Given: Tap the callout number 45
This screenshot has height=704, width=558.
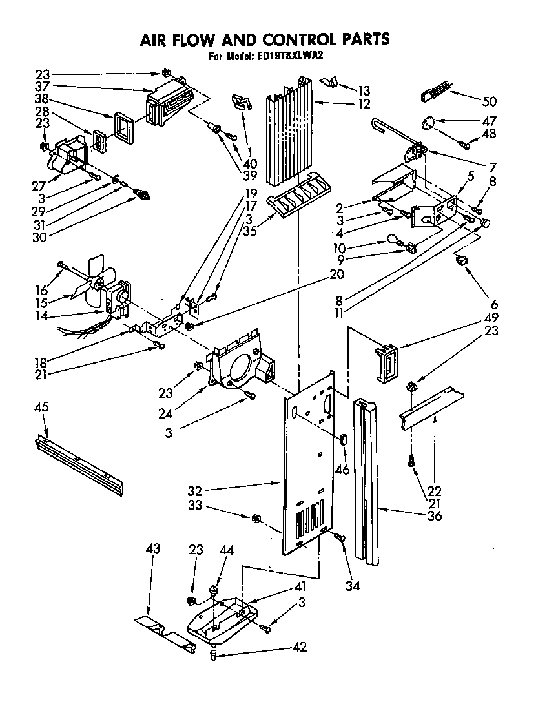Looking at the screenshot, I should point(41,408).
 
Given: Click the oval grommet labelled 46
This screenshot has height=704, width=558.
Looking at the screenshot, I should point(344,440).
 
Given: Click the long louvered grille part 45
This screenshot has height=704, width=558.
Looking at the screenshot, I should point(77,461).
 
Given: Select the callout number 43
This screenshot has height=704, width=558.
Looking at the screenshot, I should point(152,549).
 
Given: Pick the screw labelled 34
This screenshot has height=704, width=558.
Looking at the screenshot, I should point(338,537).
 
